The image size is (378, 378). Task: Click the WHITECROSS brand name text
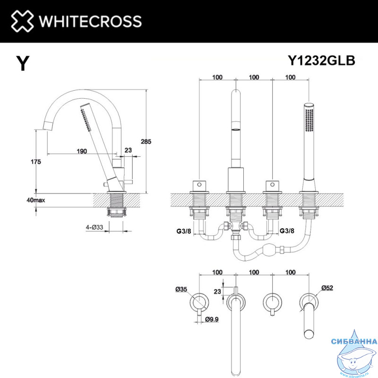point(90,21)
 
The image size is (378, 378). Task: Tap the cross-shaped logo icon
point(22,21)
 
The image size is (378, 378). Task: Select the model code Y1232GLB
point(321,60)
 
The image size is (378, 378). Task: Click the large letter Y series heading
point(23,63)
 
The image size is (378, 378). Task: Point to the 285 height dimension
point(146,141)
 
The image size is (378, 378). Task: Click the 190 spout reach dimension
point(82,151)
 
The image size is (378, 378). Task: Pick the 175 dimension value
point(36,162)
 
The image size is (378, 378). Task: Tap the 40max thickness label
point(36,200)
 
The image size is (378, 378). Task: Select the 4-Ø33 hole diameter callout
point(94,227)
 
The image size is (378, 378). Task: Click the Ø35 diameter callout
point(181,289)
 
